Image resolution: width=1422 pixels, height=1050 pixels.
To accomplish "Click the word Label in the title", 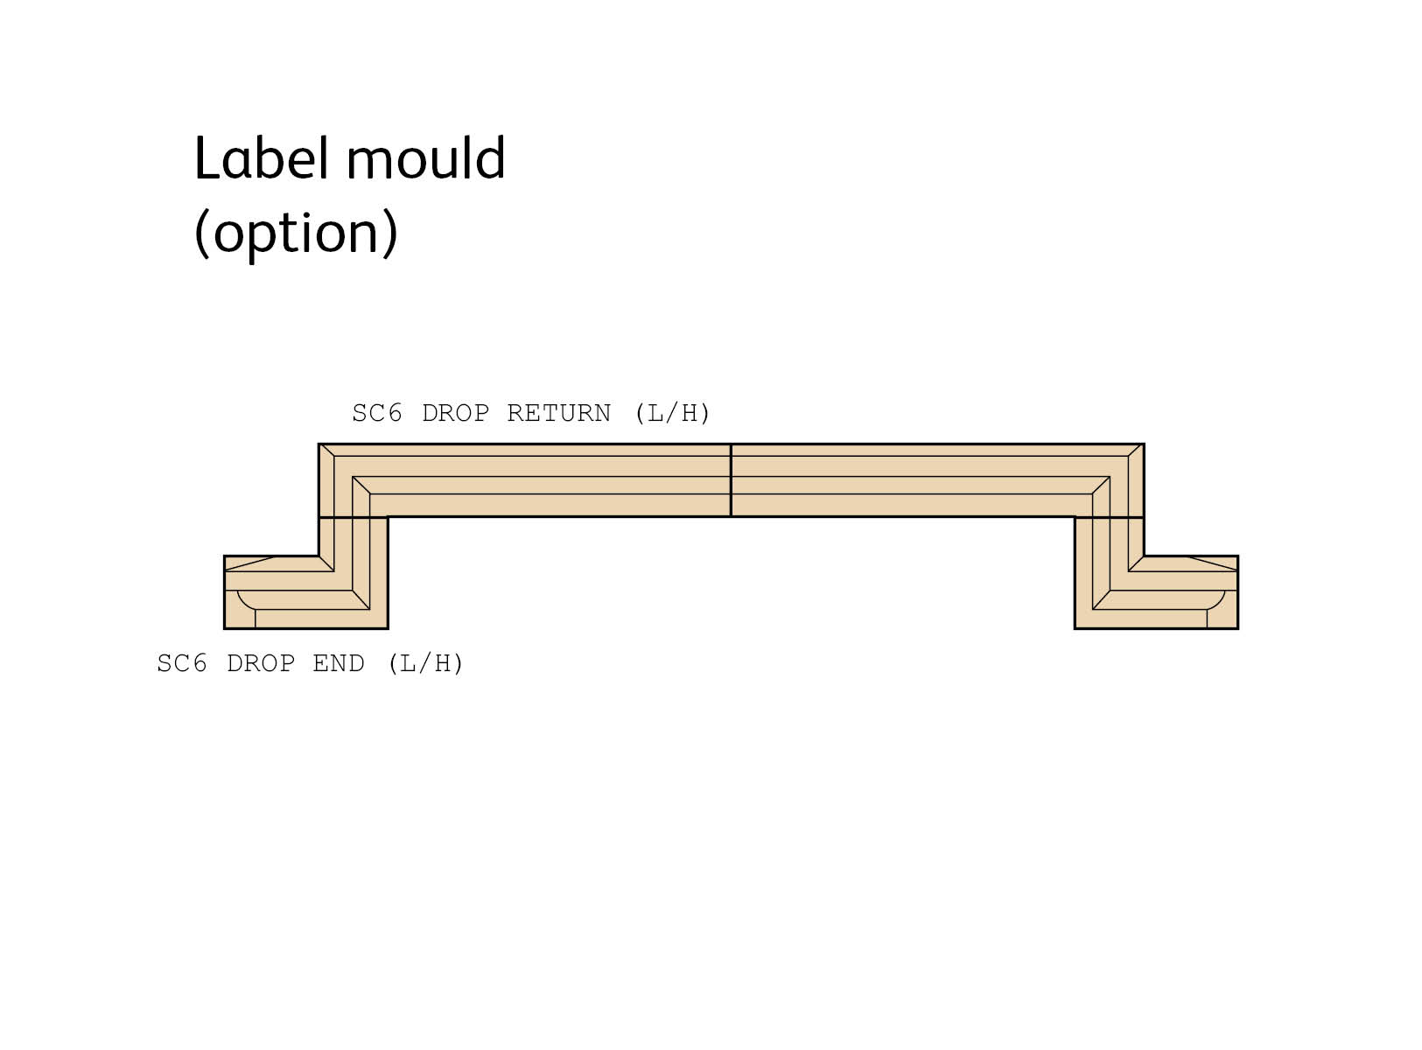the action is [x=263, y=159].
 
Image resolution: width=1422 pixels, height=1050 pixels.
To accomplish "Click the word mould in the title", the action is [x=426, y=159].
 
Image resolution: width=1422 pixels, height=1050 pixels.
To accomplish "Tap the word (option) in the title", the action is [x=296, y=233].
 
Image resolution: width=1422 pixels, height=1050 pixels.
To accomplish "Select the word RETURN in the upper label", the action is [x=558, y=413].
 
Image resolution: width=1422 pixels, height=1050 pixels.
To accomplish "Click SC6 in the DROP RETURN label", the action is [x=377, y=413].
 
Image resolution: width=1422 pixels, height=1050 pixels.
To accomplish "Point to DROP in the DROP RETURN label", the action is [x=455, y=413].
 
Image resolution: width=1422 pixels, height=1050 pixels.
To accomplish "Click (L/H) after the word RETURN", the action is [x=672, y=413].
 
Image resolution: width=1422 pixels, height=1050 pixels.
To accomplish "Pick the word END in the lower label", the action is [x=338, y=664].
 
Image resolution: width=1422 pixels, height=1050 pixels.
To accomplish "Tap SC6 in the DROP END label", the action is [x=182, y=664].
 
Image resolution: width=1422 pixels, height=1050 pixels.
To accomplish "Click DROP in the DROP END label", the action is [x=260, y=664].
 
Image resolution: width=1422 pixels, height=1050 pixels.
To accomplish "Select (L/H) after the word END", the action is [x=425, y=664].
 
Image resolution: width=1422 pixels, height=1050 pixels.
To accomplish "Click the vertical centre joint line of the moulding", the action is [x=731, y=480].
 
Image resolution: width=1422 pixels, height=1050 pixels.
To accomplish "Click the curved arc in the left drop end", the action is [x=242, y=603].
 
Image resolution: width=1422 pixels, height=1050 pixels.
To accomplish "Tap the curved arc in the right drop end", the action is [x=1219, y=603].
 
